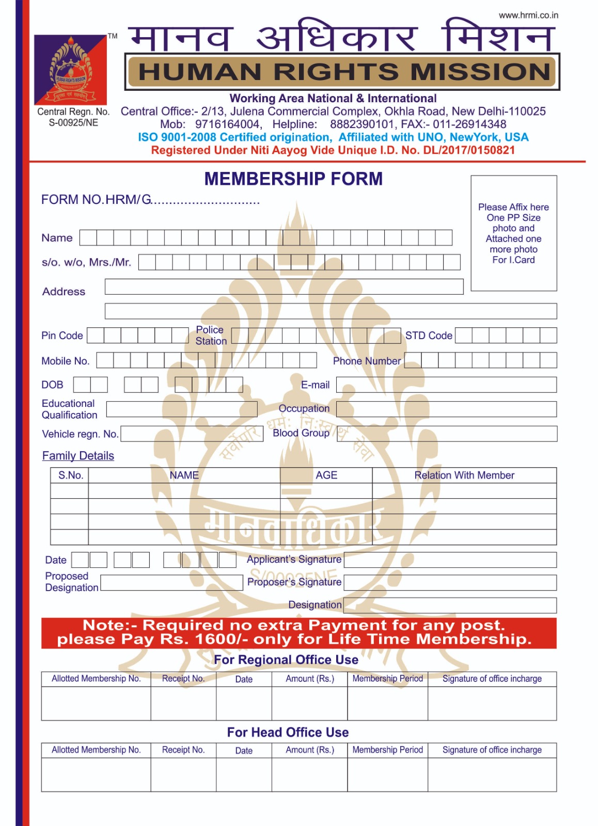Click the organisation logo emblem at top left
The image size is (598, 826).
pyautogui.click(x=70, y=70)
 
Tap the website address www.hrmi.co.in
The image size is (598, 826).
pyautogui.click(x=528, y=15)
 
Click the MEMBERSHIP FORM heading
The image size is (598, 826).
pyautogui.click(x=293, y=179)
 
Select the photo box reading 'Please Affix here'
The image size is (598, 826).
pyautogui.click(x=513, y=233)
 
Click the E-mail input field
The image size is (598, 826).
pyautogui.click(x=446, y=385)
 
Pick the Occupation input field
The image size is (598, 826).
pyautogui.click(x=446, y=409)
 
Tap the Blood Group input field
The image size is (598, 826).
pyautogui.click(x=446, y=434)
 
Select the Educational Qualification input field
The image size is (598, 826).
pyautogui.click(x=182, y=409)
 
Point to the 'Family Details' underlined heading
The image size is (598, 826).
pyautogui.click(x=78, y=456)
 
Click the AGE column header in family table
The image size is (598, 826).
pyautogui.click(x=326, y=475)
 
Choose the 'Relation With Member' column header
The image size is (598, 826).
pyautogui.click(x=464, y=475)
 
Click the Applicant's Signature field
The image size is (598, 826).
pyautogui.click(x=450, y=560)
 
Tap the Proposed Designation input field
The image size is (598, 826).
pyautogui.click(x=171, y=583)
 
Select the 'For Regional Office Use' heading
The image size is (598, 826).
pyautogui.click(x=286, y=660)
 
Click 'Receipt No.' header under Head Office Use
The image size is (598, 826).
pyautogui.click(x=183, y=750)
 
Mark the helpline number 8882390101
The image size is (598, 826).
pyautogui.click(x=362, y=124)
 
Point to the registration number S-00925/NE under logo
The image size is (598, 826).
pyautogui.click(x=73, y=123)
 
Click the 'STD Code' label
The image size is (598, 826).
pyautogui.click(x=429, y=336)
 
